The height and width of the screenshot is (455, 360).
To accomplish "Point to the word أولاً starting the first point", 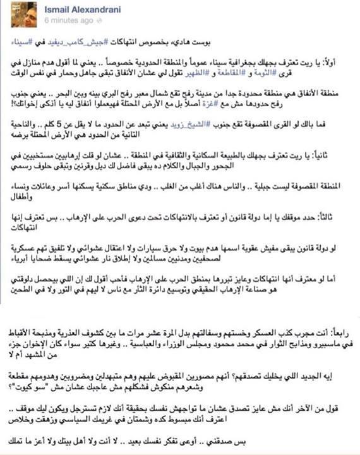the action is tap(339, 64).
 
